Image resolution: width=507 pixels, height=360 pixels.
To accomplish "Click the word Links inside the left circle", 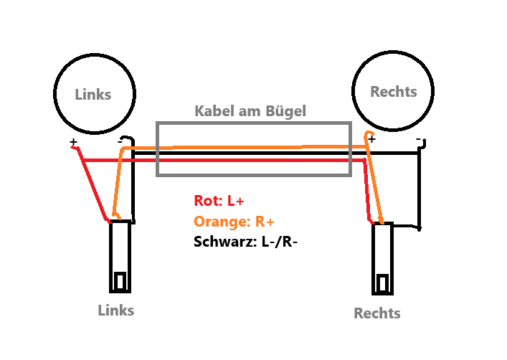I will (x=93, y=94).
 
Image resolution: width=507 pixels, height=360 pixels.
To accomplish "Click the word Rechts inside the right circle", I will (x=393, y=92).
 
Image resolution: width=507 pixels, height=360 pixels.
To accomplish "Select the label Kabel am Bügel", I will (x=250, y=111).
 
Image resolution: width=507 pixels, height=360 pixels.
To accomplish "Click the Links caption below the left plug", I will (x=116, y=310).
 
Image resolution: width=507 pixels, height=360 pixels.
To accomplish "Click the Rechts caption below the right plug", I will (x=377, y=313).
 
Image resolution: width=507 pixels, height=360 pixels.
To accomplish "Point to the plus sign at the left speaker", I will (x=73, y=142).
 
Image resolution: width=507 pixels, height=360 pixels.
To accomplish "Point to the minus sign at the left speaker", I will (x=120, y=141).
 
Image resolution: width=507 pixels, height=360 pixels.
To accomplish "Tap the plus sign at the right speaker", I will (x=371, y=141).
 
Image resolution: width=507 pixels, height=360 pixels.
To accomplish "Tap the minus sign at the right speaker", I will (x=418, y=139).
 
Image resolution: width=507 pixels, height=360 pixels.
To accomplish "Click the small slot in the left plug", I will (x=121, y=280).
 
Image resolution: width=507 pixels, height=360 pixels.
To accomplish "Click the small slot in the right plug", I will (x=384, y=283).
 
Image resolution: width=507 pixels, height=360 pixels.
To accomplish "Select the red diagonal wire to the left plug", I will (x=93, y=183).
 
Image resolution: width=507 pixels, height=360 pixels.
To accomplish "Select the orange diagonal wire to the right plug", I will (x=376, y=183).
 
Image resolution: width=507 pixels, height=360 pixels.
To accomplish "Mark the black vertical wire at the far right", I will (x=420, y=190).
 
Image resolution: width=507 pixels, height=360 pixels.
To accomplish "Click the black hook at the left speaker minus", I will (x=129, y=139).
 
